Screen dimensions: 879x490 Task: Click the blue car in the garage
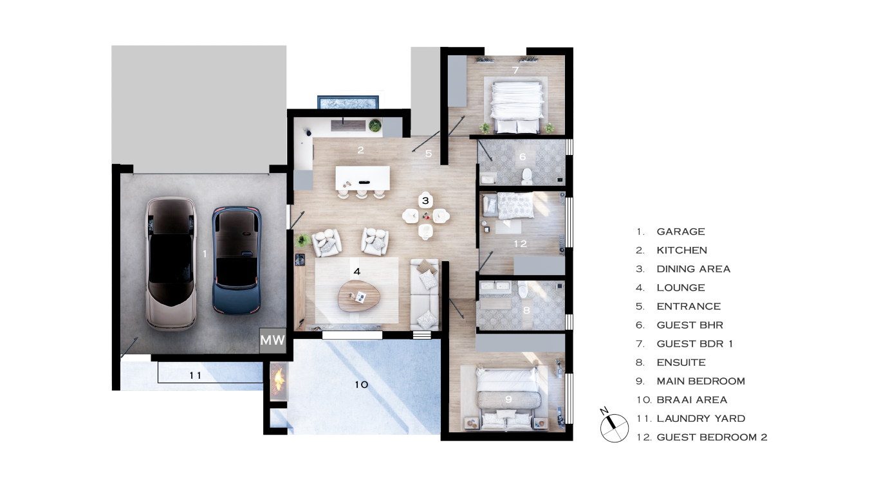[x=237, y=260]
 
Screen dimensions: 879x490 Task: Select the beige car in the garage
[x=171, y=264]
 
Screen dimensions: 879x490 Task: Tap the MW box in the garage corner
[x=273, y=340]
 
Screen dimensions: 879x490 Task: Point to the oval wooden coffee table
[x=359, y=296]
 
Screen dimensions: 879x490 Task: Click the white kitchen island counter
[x=362, y=178]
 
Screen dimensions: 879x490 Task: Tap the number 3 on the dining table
[x=425, y=201]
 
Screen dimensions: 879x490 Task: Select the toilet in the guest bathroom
[x=526, y=176]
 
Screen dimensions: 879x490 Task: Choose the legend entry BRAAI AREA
[x=692, y=400]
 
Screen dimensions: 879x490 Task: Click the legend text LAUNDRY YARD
[x=701, y=419]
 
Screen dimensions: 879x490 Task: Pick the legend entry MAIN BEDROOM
[x=701, y=381]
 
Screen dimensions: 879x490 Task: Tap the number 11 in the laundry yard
[x=195, y=376]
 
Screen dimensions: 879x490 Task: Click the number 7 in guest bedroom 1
[x=515, y=70]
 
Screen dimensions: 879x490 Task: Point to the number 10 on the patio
[x=362, y=385]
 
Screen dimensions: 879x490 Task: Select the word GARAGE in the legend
[x=681, y=231]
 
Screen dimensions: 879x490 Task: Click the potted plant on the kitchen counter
[x=375, y=125]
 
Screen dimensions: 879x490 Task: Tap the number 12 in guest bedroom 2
[x=521, y=244]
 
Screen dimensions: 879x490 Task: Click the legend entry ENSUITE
[x=681, y=363]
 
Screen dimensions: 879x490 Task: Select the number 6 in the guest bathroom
[x=523, y=157]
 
